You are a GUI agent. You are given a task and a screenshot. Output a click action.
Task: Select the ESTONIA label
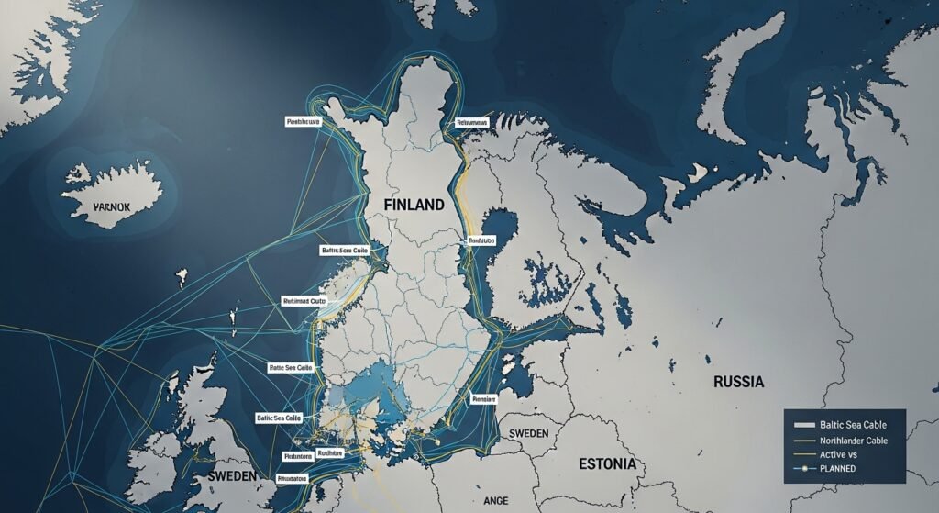click(607, 464)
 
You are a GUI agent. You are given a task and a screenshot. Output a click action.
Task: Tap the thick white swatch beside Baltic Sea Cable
click(803, 425)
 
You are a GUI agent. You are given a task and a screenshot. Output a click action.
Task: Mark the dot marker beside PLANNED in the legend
click(803, 469)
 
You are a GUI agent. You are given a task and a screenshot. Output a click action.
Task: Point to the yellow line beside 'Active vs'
click(803, 454)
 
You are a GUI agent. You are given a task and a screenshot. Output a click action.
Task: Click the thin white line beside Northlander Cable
click(803, 440)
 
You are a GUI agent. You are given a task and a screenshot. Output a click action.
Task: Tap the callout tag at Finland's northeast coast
click(472, 122)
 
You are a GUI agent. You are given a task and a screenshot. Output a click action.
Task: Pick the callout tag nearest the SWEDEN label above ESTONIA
click(483, 399)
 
